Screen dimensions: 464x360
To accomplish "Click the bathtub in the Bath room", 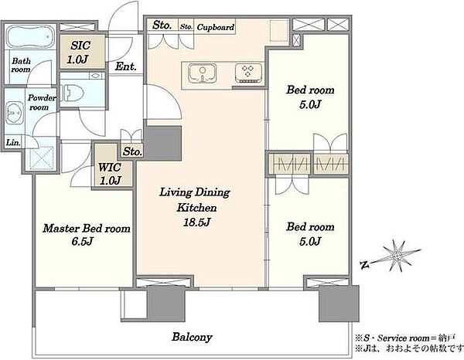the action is (30, 36).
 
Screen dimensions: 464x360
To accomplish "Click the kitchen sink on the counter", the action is (203, 73).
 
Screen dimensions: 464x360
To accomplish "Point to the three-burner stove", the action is (248, 73).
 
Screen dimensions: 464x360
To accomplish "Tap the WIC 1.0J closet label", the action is (110, 174).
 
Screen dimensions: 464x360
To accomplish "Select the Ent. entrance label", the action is (125, 66).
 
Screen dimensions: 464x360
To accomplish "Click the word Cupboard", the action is (216, 28).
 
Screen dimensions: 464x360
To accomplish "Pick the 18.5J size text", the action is (196, 222).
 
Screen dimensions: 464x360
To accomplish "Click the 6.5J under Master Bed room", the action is (82, 242).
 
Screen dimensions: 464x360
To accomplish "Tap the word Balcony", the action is (192, 337).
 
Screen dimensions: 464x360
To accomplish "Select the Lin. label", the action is (13, 143).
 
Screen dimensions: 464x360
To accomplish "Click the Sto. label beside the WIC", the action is (132, 151).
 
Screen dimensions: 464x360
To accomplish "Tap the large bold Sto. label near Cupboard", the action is (162, 25).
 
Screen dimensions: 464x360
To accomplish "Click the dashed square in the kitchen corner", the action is (279, 30).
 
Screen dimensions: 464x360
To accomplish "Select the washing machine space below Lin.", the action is (42, 158).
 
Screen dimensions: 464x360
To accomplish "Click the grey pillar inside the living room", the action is (164, 144).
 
